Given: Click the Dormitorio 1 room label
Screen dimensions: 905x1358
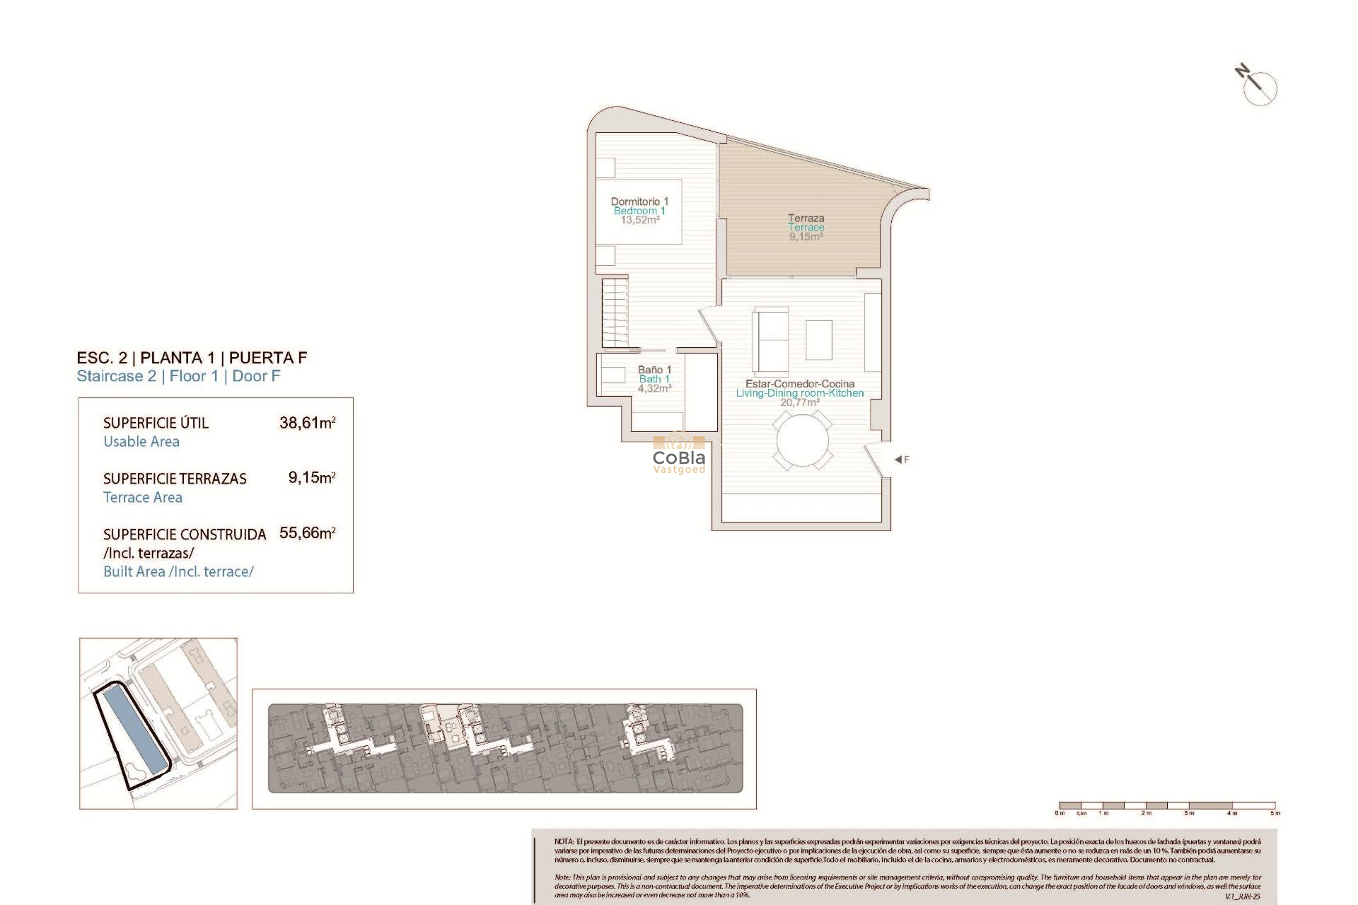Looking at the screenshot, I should click(x=639, y=202).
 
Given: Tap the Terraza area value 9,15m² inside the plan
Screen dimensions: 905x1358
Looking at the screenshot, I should click(x=806, y=237).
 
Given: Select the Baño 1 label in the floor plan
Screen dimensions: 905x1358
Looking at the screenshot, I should click(x=654, y=370).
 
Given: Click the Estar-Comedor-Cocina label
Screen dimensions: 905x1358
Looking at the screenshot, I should click(x=799, y=384).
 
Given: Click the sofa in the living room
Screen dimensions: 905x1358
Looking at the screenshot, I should click(x=771, y=342).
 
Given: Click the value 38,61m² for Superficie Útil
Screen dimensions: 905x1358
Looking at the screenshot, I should click(x=307, y=423).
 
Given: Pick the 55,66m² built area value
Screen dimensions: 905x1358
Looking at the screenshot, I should click(x=307, y=533).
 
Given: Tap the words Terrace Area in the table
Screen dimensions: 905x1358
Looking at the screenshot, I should click(x=143, y=498).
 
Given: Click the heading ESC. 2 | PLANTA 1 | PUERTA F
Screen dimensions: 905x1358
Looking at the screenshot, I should click(x=192, y=358).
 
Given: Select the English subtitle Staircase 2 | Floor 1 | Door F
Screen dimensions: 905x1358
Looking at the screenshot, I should click(x=178, y=376).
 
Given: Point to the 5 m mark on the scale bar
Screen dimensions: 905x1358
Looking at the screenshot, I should click(x=1275, y=812).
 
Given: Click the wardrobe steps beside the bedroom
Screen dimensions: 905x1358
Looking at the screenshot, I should click(x=615, y=312).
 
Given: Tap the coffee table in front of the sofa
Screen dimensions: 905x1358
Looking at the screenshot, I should click(x=818, y=339).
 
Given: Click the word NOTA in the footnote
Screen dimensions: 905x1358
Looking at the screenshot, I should click(x=564, y=841).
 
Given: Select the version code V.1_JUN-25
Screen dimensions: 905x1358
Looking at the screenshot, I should click(x=1243, y=897).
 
